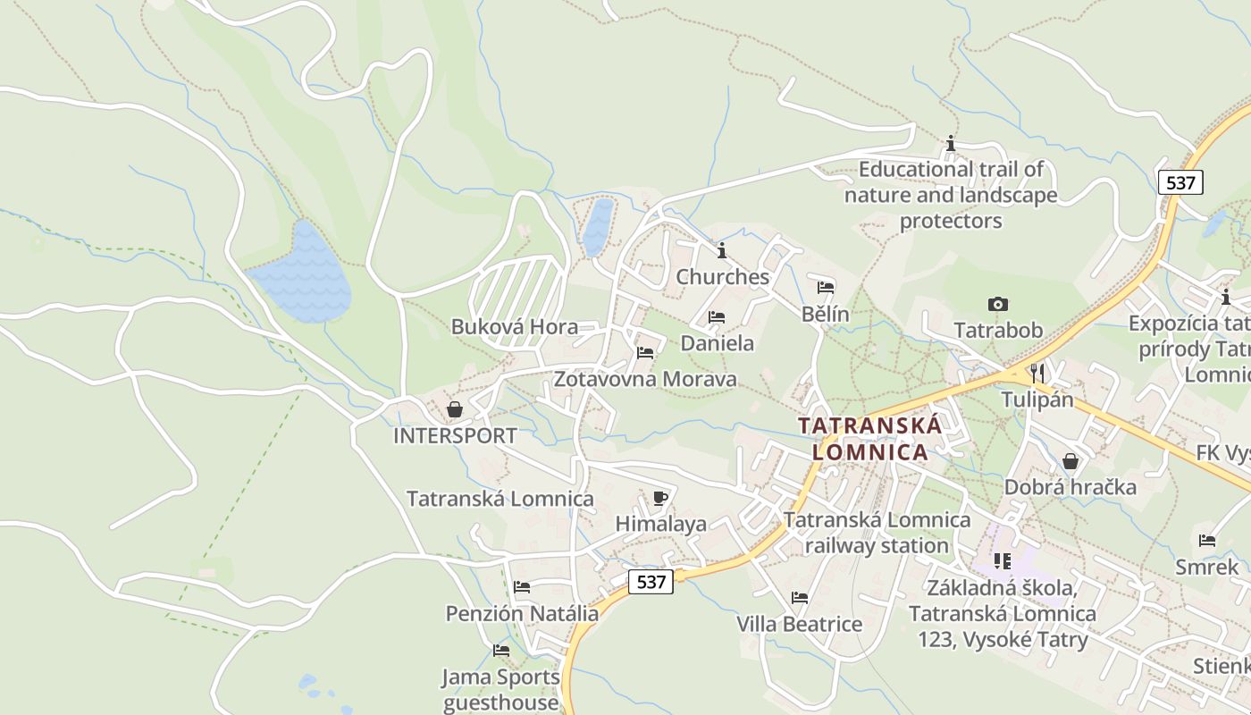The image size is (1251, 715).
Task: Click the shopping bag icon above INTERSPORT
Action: [x=455, y=409]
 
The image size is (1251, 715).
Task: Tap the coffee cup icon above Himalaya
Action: [x=660, y=498]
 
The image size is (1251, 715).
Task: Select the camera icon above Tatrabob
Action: [x=998, y=305]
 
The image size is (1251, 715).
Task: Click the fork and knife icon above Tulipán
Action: [x=1037, y=373]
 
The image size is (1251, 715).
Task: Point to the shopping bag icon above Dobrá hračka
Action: [x=1070, y=461]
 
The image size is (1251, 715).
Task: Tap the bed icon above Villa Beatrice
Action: [x=800, y=597]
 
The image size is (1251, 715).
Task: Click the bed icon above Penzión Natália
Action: [x=522, y=587]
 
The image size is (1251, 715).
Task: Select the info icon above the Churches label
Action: [x=722, y=250]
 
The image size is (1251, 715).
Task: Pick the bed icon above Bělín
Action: [x=826, y=288]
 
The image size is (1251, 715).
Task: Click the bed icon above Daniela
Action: [x=717, y=317]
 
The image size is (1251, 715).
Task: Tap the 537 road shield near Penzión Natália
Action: [x=651, y=582]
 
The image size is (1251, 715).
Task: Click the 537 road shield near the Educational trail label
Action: [x=1180, y=182]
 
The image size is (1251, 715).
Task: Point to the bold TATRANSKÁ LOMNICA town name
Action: [x=869, y=439]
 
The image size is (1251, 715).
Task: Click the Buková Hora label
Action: [x=514, y=327]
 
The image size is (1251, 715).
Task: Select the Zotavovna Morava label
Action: [x=645, y=379]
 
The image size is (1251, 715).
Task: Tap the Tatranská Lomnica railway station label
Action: [x=877, y=533]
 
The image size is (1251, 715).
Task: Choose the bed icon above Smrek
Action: [x=1207, y=541]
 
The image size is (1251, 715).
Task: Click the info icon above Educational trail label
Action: [x=951, y=143]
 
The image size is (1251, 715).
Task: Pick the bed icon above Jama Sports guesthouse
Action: [x=501, y=651]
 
